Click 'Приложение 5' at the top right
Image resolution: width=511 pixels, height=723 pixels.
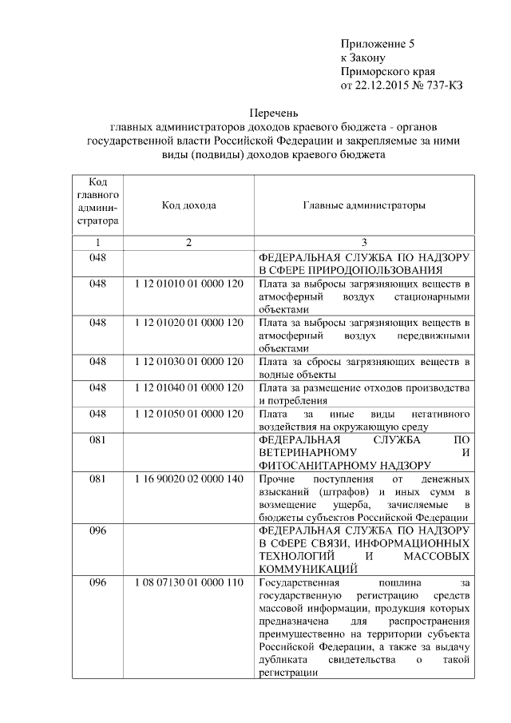(378, 44)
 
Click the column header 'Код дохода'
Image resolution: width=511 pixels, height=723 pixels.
(188, 205)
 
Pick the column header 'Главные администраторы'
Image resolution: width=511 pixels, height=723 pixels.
(363, 205)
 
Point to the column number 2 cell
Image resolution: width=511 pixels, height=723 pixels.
(188, 242)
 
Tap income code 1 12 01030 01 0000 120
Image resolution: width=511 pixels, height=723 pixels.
(188, 361)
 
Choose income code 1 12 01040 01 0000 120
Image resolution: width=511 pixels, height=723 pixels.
(188, 387)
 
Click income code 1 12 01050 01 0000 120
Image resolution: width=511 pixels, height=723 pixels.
(188, 413)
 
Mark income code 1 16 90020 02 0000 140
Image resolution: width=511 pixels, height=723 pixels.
(188, 478)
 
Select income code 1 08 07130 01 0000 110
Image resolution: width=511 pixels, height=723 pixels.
(188, 582)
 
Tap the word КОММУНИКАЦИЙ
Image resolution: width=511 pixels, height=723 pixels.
(307, 569)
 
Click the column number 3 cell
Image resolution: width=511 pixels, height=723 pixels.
(363, 242)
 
